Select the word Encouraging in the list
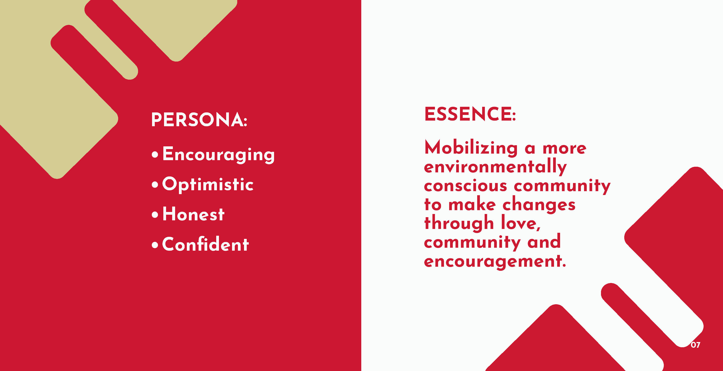pyautogui.click(x=218, y=154)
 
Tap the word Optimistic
pyautogui.click(x=208, y=185)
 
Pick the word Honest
pyautogui.click(x=193, y=214)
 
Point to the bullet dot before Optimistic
pyautogui.click(x=155, y=185)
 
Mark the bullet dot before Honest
pyautogui.click(x=155, y=215)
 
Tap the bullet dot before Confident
pyautogui.click(x=155, y=245)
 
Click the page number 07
pyautogui.click(x=695, y=345)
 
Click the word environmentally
pyautogui.click(x=495, y=167)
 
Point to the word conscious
pyautogui.click(x=466, y=186)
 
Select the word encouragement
pyautogui.click(x=495, y=261)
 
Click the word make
pyautogui.click(x=472, y=204)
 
